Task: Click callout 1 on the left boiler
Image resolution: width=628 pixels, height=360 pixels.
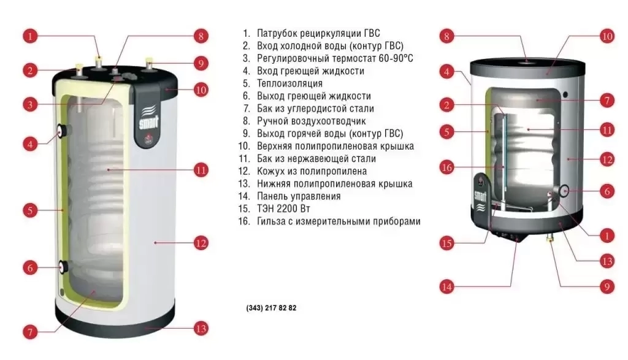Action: point(30,36)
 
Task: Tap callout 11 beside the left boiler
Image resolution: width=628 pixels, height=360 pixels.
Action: point(201,170)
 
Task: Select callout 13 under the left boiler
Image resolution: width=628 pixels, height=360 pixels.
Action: point(201,329)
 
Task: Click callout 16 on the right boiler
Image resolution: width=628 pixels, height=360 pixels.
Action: point(446,167)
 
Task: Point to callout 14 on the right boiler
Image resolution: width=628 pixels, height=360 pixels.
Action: point(446,287)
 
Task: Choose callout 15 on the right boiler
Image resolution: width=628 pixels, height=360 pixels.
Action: point(446,243)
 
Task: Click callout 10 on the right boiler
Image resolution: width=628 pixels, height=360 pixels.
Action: point(607,36)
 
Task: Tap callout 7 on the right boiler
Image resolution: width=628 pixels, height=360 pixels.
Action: point(607,100)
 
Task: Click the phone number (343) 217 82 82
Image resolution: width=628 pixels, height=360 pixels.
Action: point(271,308)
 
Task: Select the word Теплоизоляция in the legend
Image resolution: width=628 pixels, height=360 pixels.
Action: point(289,83)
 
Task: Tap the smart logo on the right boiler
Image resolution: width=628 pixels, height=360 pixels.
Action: point(480,196)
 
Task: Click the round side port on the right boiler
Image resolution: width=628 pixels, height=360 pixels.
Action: point(564,191)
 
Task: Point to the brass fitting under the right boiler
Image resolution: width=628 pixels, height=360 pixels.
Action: point(550,240)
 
